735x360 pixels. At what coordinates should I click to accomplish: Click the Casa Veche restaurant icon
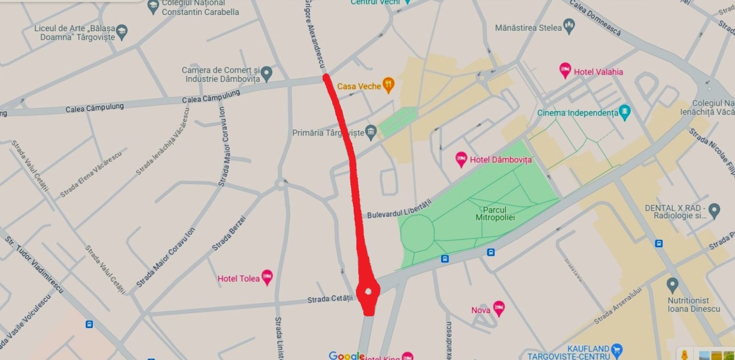pyautogui.click(x=389, y=86)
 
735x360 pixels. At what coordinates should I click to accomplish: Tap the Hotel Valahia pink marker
pyautogui.click(x=565, y=71)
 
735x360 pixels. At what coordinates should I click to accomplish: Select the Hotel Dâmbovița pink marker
pyautogui.click(x=461, y=159)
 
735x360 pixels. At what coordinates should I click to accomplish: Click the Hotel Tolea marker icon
pyautogui.click(x=267, y=277)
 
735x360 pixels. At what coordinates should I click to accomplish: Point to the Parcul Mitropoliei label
pyautogui.click(x=495, y=214)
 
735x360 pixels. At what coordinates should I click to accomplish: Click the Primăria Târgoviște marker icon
pyautogui.click(x=371, y=132)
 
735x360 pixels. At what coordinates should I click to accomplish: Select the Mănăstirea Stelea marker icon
pyautogui.click(x=569, y=26)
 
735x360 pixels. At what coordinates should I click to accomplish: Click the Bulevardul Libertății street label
pyautogui.click(x=399, y=209)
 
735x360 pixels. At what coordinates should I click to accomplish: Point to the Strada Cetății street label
pyautogui.click(x=330, y=299)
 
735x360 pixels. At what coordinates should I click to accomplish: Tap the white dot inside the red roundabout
pyautogui.click(x=368, y=291)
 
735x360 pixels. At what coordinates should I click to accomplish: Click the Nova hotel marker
pyautogui.click(x=499, y=308)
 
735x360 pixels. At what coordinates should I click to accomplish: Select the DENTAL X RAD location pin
pyautogui.click(x=714, y=210)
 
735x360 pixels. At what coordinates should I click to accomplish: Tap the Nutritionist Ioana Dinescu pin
pyautogui.click(x=672, y=285)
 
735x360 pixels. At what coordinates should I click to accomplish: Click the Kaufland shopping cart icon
pyautogui.click(x=617, y=349)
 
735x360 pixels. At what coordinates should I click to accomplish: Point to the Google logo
pyautogui.click(x=347, y=355)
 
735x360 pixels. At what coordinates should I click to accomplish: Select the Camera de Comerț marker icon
pyautogui.click(x=267, y=73)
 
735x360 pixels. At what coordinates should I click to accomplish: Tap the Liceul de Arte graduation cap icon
pyautogui.click(x=122, y=32)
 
